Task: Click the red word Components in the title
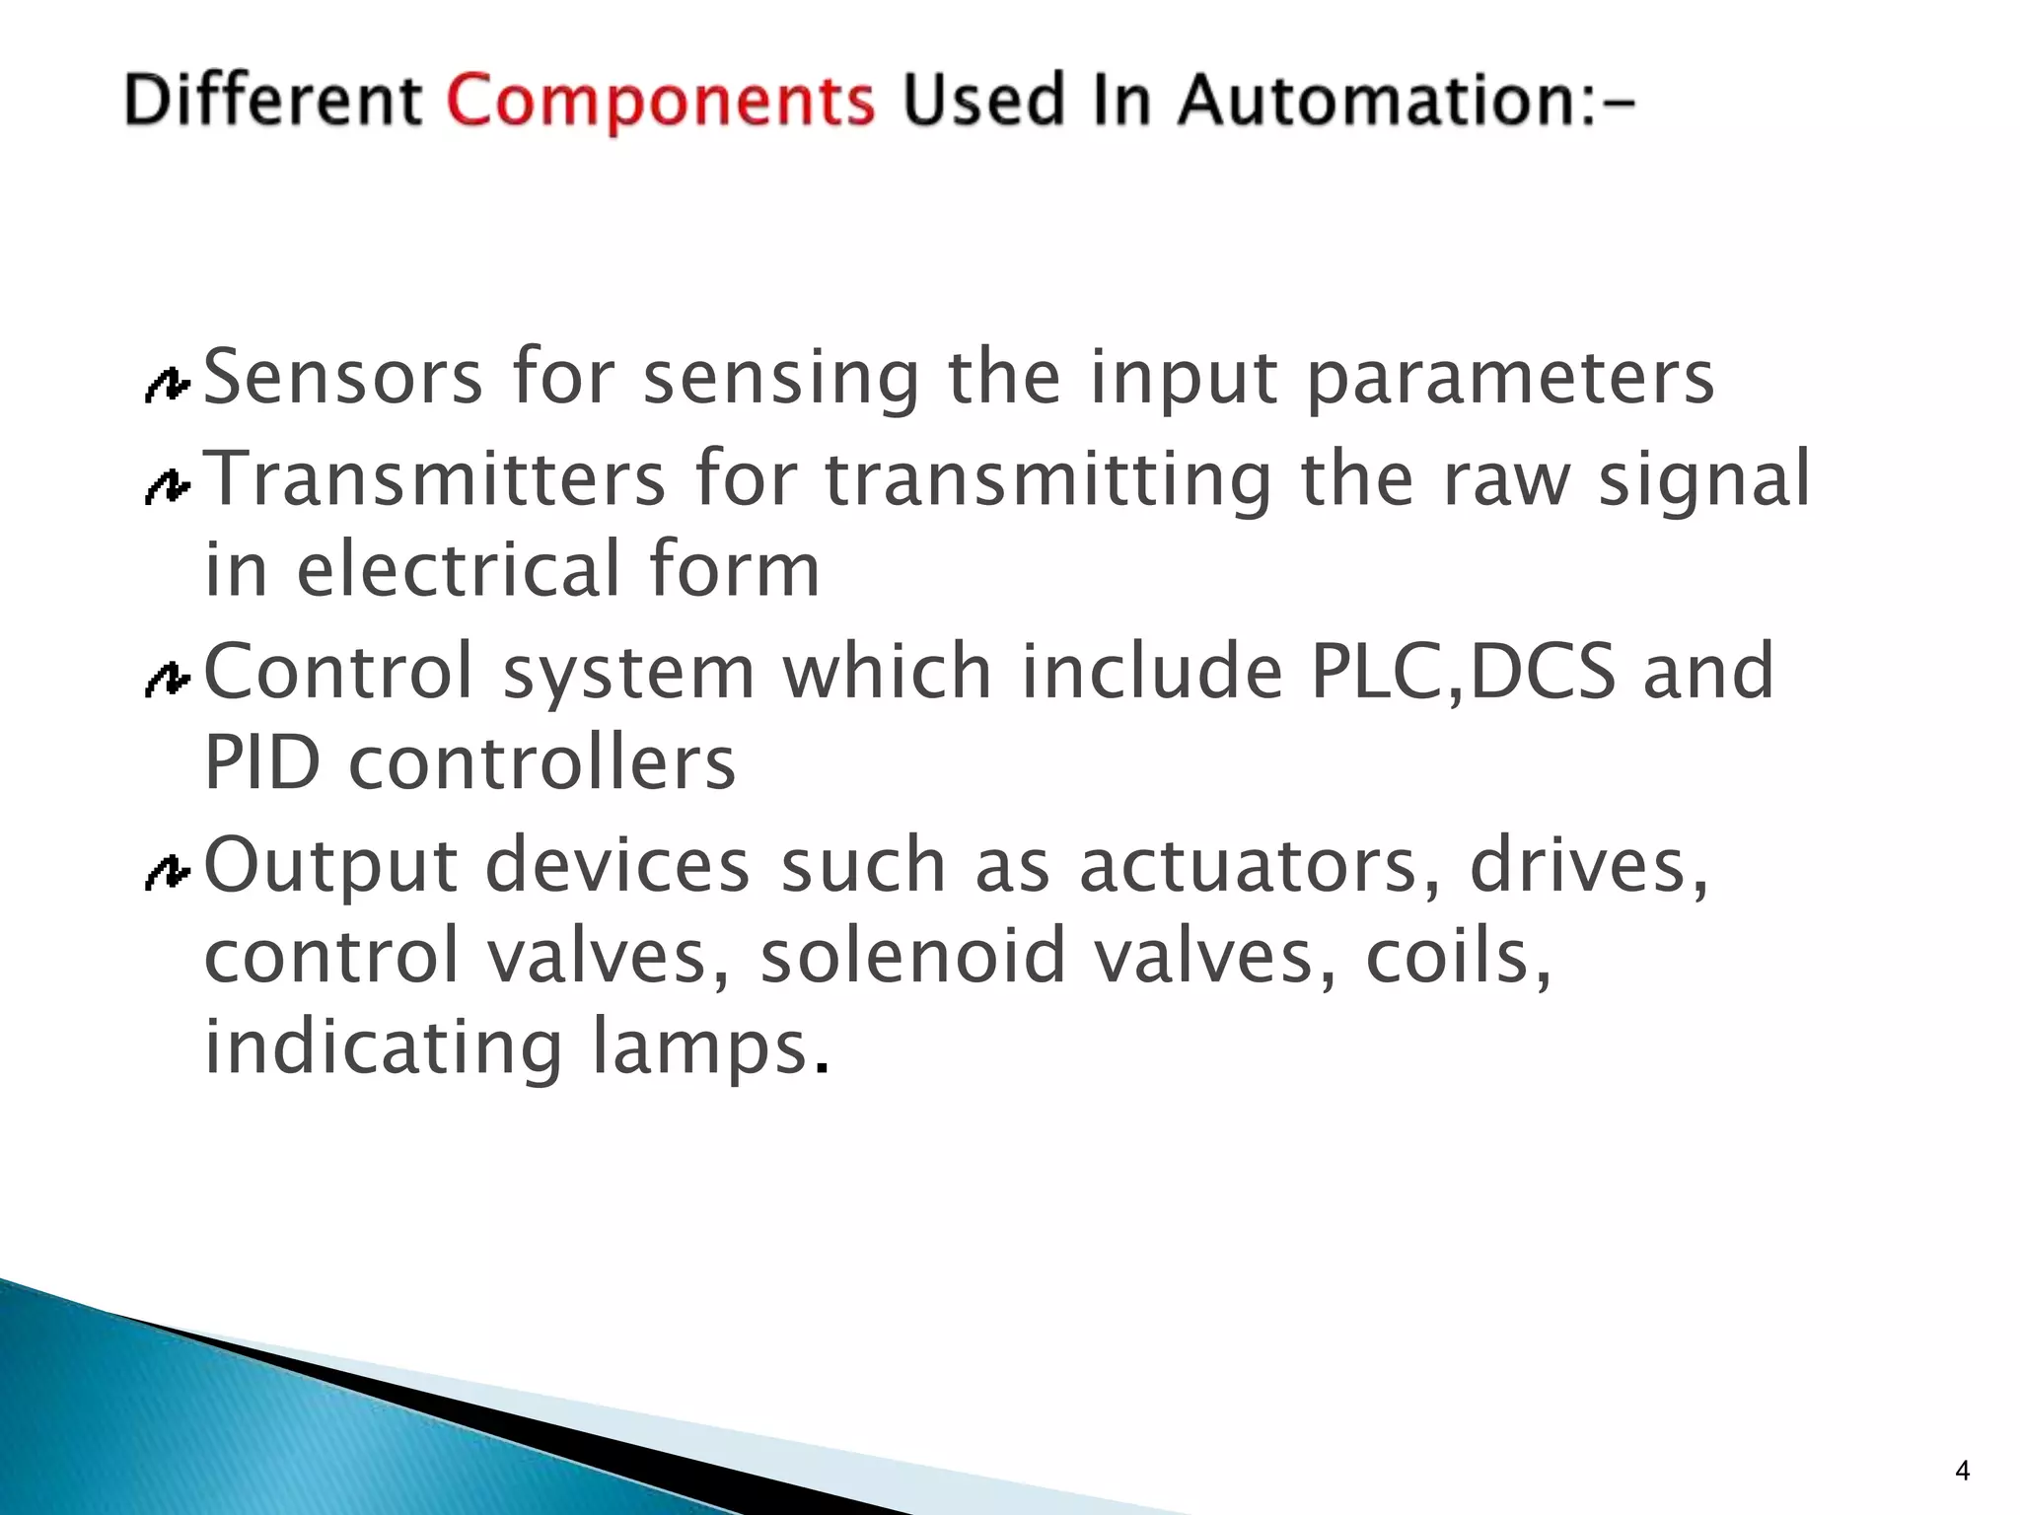660,103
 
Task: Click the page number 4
1962,1472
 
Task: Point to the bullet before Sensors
167,386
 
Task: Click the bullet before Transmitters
167,486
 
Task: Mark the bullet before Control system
167,680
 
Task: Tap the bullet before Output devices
167,873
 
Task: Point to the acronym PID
262,763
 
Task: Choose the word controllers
541,763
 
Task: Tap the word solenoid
913,957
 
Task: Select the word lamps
700,1049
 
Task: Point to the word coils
1456,957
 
